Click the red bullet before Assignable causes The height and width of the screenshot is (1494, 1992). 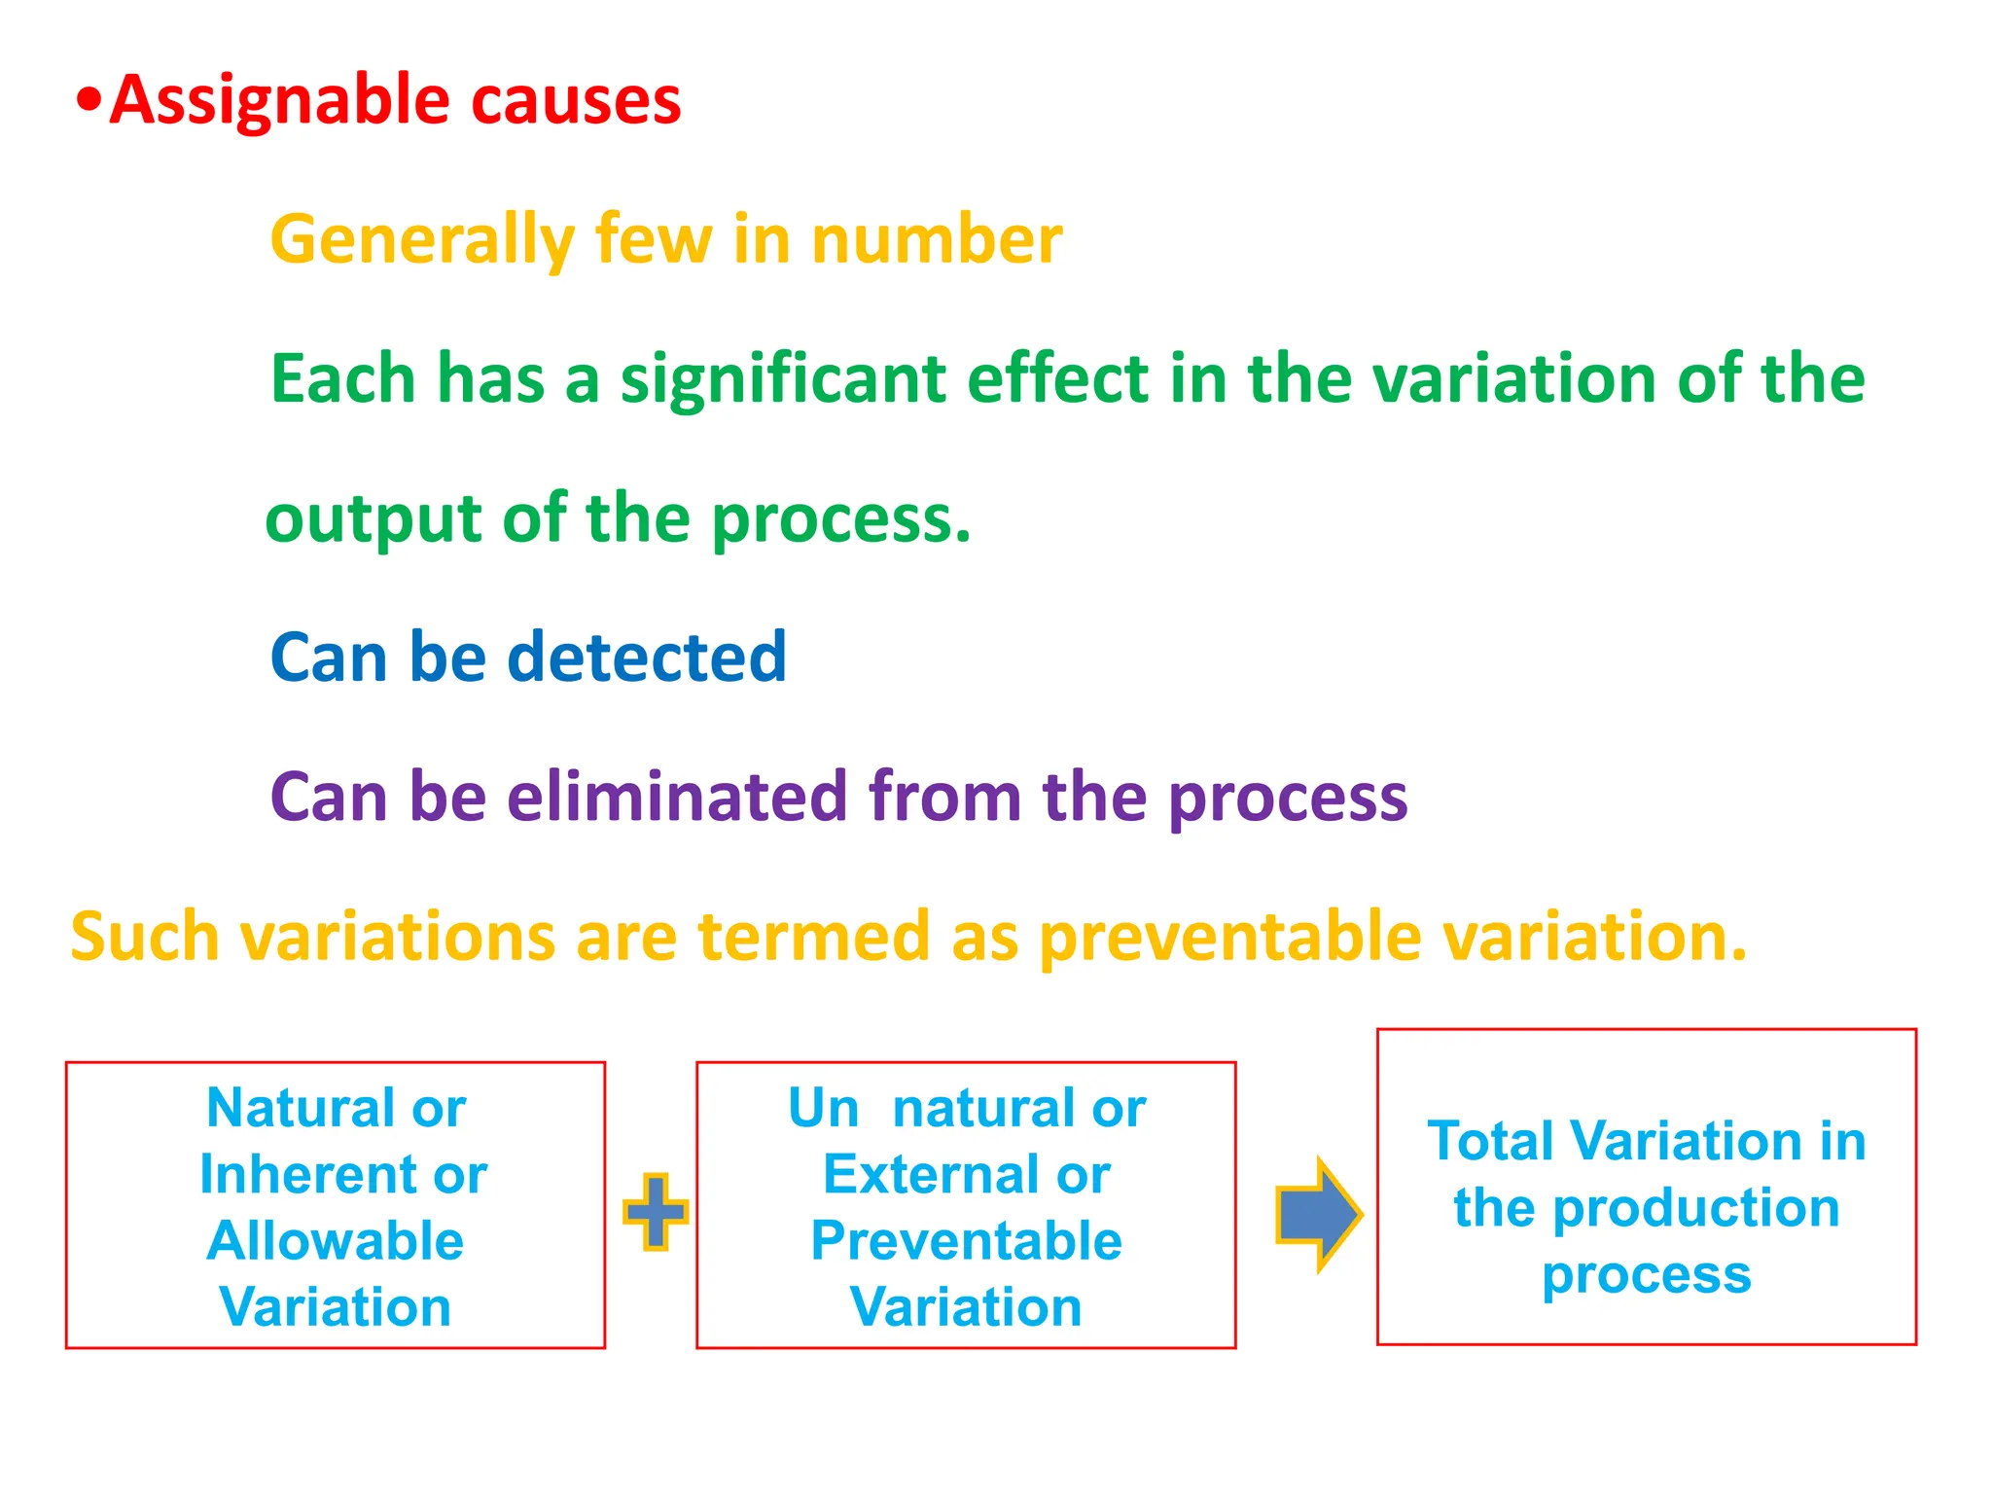tap(89, 100)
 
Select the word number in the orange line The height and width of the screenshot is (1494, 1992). tap(937, 240)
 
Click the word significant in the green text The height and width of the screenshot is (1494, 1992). tap(783, 379)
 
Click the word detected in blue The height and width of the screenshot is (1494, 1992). tap(647, 658)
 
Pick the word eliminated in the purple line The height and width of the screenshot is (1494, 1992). tap(677, 797)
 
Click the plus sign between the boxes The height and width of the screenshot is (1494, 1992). tap(656, 1211)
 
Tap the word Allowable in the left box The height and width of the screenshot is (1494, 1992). tap(335, 1241)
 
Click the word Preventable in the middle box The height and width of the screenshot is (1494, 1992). tap(966, 1241)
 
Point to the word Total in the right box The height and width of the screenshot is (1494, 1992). tap(1490, 1141)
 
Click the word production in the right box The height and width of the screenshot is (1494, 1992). tap(1695, 1209)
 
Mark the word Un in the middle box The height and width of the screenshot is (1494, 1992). tap(823, 1108)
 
